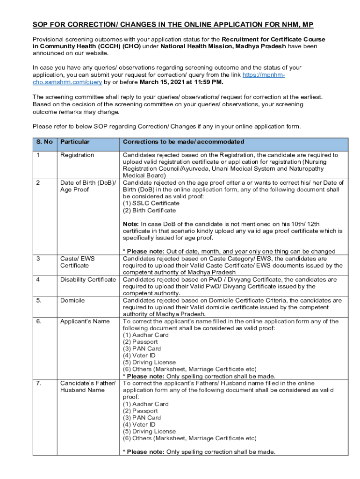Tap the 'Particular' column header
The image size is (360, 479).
[75, 142]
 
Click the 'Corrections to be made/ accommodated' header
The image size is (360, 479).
[183, 142]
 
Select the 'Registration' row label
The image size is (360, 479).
[77, 155]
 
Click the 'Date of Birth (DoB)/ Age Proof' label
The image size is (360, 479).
[88, 186]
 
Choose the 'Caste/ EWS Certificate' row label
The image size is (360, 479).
[74, 262]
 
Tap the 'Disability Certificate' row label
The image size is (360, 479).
[88, 279]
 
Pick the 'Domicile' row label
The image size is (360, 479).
[72, 300]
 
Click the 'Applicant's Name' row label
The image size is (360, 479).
[85, 321]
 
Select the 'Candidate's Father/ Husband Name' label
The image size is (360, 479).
[88, 386]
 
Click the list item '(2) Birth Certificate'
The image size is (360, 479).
[149, 210]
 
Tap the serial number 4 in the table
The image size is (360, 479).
[38, 279]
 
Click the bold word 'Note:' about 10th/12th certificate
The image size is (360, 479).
[131, 224]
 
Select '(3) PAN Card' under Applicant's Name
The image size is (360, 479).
[142, 348]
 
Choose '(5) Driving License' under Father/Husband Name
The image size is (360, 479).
[149, 431]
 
